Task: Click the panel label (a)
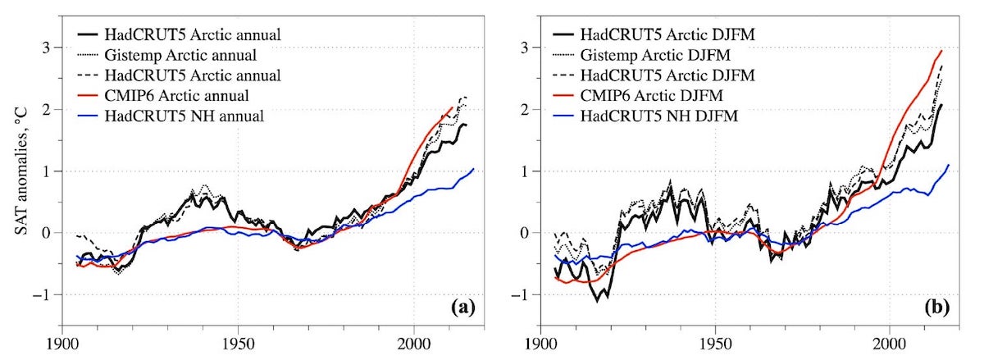pos(462,308)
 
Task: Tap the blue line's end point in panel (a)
pos(473,169)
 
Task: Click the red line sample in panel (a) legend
pos(87,95)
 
